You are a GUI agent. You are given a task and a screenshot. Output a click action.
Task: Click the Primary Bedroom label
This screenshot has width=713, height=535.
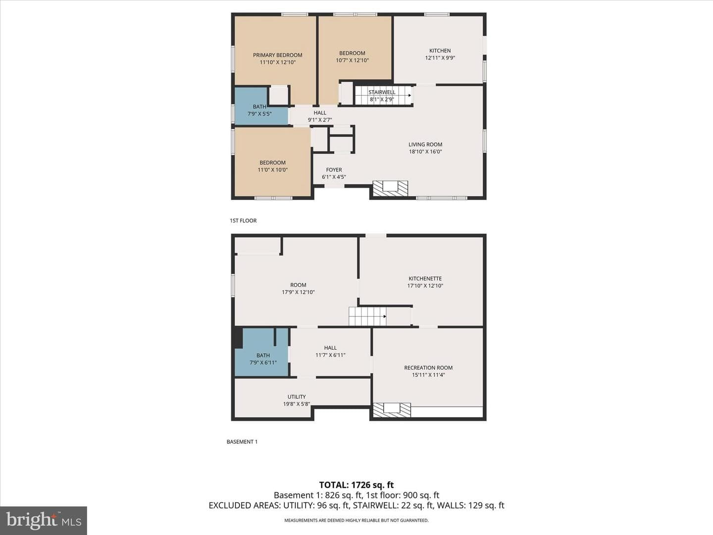[277, 55]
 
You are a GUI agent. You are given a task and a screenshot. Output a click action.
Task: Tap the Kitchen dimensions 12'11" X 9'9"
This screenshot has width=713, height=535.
[440, 58]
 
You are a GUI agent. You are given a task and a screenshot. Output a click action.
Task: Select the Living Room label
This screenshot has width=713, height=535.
[425, 145]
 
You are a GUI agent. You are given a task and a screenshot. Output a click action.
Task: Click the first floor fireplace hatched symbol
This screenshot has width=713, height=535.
[390, 188]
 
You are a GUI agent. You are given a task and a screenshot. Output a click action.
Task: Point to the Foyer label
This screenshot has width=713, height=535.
[334, 170]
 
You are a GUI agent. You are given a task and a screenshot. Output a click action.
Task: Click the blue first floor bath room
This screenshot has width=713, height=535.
[261, 106]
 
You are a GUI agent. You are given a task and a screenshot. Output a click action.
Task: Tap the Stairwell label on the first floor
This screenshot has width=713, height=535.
[382, 92]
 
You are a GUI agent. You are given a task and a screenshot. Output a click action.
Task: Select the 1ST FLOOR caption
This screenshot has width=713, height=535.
[243, 220]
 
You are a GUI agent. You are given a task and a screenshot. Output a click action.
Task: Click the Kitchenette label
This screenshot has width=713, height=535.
[425, 279]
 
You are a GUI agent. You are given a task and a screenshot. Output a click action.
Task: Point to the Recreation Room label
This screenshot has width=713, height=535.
[428, 368]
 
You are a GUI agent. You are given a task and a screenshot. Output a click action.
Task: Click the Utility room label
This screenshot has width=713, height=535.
[297, 397]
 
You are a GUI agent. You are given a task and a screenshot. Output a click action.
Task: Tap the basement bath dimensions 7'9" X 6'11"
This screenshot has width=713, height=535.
[263, 363]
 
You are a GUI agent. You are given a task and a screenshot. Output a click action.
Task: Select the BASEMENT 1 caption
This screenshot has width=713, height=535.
[242, 442]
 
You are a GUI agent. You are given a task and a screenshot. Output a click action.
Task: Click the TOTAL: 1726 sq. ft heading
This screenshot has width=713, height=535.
[356, 485]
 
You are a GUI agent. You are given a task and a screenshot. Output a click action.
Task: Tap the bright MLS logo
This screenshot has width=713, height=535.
[44, 520]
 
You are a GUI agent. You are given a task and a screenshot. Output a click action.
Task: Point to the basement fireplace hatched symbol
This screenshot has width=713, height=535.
[392, 410]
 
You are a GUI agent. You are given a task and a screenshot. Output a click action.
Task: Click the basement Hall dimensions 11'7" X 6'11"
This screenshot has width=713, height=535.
[330, 355]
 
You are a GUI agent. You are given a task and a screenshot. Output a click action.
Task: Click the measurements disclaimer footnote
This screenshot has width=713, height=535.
[356, 520]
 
